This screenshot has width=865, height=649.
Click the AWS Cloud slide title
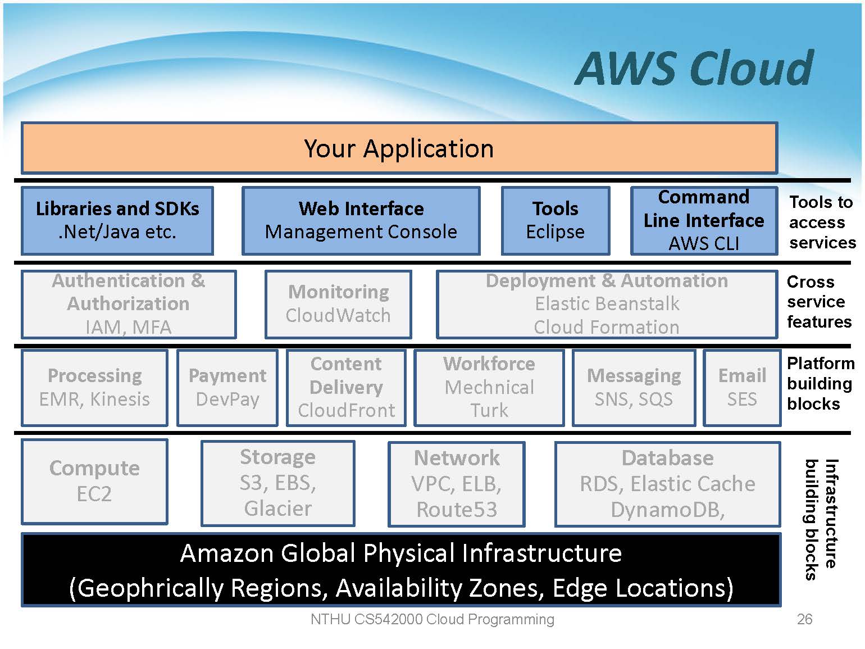694,69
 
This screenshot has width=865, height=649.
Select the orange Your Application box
399,148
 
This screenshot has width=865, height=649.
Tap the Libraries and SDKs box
117,220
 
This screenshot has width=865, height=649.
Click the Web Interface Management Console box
361,220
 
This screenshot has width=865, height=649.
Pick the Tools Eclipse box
555,220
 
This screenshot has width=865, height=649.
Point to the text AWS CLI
704,244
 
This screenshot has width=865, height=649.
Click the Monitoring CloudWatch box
338,304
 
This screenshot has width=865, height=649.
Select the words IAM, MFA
128,327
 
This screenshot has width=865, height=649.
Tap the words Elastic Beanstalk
607,304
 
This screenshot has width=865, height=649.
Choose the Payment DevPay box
227,387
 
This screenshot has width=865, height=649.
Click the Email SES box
742,387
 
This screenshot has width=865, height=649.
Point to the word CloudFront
347,411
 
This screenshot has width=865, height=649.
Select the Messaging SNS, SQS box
634,387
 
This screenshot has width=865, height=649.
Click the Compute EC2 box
94,481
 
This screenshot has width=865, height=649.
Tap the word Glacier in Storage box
278,509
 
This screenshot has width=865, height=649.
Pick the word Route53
457,510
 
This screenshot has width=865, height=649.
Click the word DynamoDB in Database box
667,510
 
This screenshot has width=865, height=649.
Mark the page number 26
804,619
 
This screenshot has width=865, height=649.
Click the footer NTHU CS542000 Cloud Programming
432,619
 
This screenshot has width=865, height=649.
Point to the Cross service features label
818,302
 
